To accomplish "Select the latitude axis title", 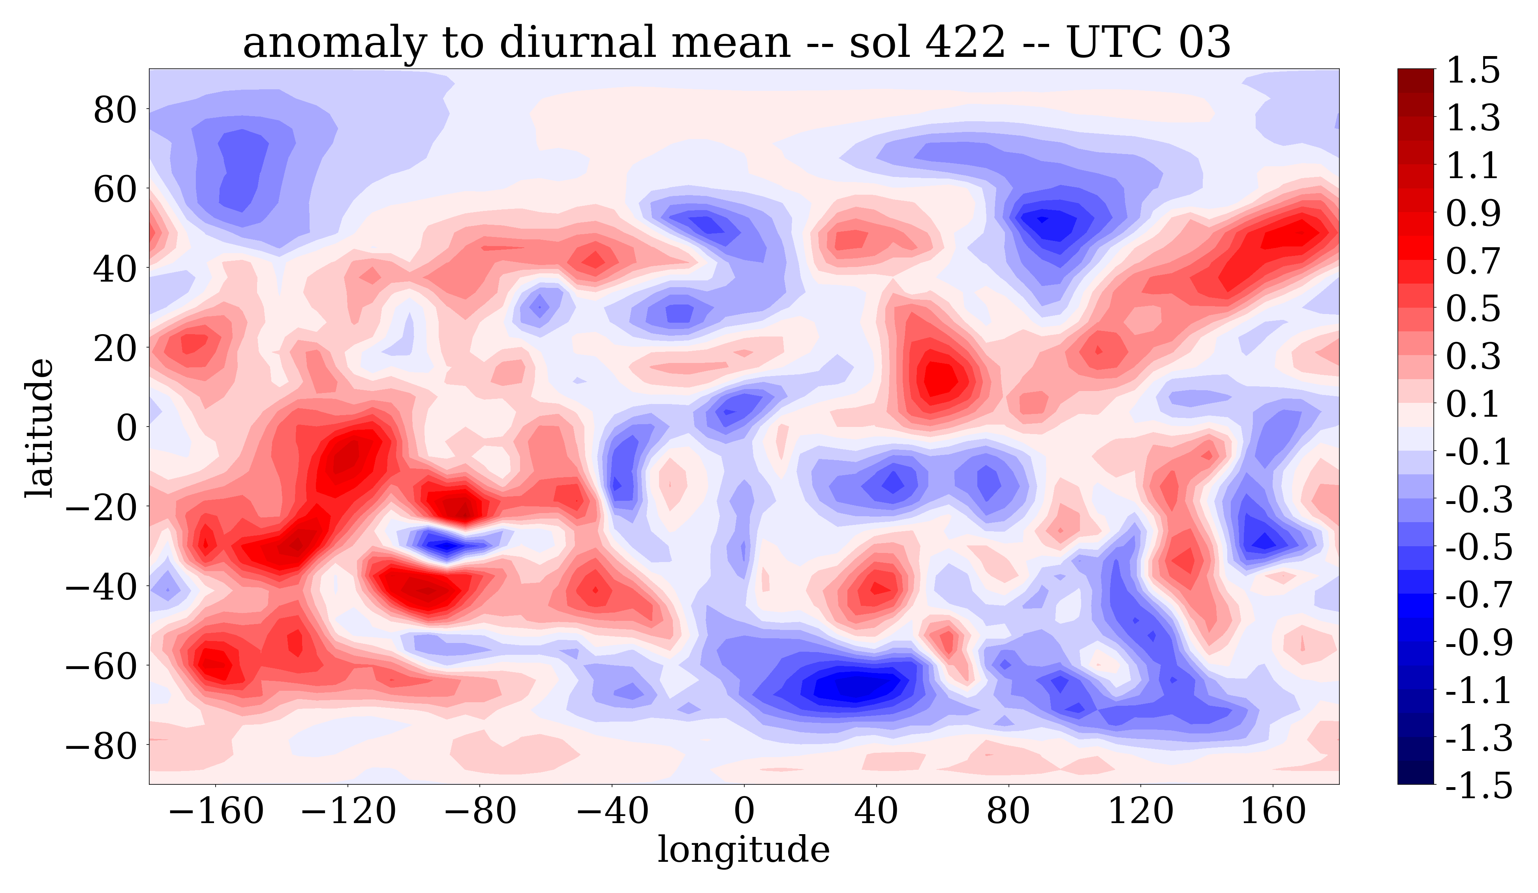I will coord(39,427).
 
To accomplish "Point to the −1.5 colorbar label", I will coord(1478,786).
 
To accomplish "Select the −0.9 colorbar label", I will coord(1478,643).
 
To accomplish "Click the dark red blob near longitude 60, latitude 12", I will coord(940,378).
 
